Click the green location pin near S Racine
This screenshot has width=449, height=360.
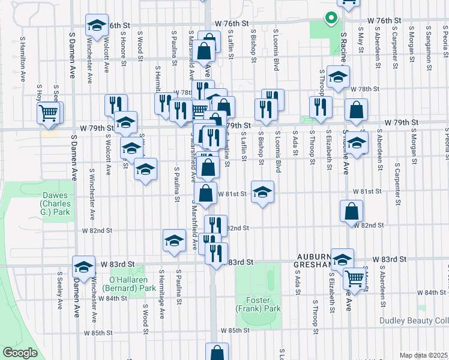click(330, 18)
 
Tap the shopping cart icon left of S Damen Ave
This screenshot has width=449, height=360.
click(49, 112)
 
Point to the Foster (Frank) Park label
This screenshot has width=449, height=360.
click(264, 304)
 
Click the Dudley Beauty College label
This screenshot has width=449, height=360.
click(414, 320)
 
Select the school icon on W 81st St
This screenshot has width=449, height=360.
click(262, 193)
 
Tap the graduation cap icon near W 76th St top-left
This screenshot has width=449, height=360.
click(97, 25)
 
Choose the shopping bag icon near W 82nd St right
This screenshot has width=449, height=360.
click(351, 211)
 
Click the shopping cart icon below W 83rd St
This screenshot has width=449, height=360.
click(355, 278)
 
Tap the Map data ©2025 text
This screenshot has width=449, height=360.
click(423, 355)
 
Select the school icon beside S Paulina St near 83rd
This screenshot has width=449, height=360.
click(174, 241)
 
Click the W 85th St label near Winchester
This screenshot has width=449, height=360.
click(97, 332)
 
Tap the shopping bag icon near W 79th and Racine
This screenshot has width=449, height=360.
click(357, 110)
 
